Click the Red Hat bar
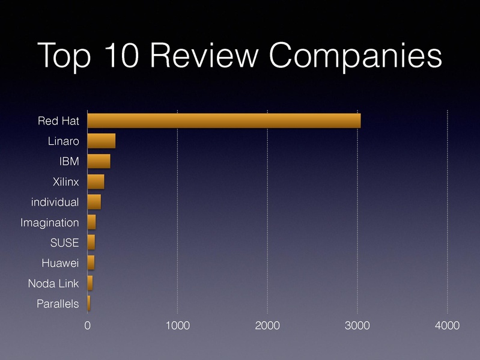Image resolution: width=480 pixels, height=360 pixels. (223, 121)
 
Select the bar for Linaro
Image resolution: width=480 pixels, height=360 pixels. (101, 141)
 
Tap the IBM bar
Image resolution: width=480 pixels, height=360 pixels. (99, 162)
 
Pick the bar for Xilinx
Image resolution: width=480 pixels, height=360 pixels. (96, 182)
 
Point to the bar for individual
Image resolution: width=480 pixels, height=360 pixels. (94, 202)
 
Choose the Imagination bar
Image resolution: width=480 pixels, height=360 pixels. (91, 222)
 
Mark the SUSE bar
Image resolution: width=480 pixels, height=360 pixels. (91, 243)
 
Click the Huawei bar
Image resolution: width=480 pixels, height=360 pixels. (91, 263)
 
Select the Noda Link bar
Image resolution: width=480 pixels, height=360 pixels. (90, 283)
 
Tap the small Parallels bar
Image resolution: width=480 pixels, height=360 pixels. (88, 304)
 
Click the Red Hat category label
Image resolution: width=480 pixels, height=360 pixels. (58, 121)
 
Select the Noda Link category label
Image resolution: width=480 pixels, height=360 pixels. (53, 284)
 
